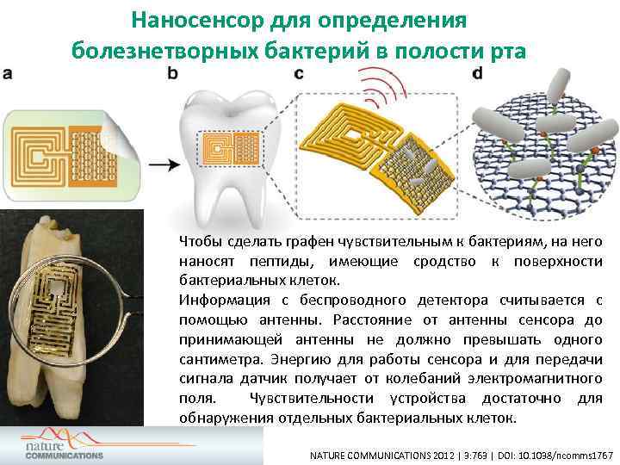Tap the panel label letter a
point(8,74)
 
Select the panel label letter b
point(172,74)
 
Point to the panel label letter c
point(298,74)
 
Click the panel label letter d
point(477,74)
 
